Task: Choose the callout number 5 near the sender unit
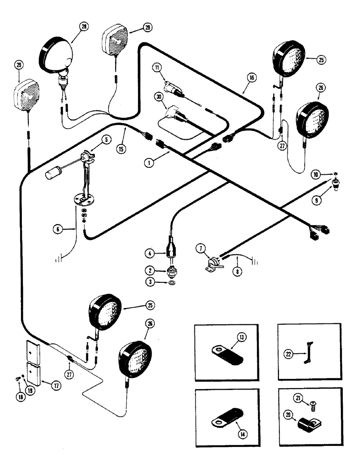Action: tap(107, 139)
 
